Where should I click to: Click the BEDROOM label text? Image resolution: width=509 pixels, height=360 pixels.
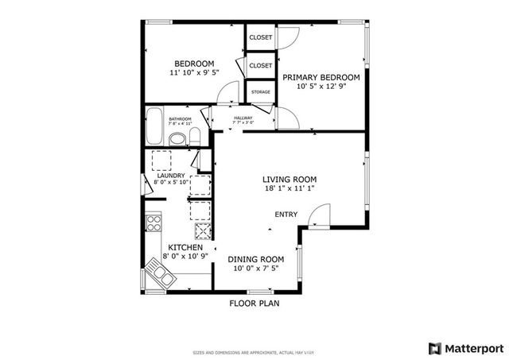(x=195, y=64)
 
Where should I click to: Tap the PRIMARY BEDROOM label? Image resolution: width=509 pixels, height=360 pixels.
(x=321, y=77)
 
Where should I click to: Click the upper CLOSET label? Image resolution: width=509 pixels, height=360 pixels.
(x=260, y=37)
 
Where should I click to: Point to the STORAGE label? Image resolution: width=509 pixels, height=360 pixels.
(x=260, y=92)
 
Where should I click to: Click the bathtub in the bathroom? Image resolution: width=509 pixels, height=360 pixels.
(x=155, y=126)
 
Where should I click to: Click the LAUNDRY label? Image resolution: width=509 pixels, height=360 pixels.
(x=170, y=176)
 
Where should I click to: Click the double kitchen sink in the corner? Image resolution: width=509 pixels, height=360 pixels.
(x=159, y=275)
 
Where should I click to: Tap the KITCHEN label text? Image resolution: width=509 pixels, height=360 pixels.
(x=184, y=247)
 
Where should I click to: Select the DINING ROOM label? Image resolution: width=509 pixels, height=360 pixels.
(x=256, y=259)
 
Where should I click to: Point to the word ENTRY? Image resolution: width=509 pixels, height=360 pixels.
(x=286, y=215)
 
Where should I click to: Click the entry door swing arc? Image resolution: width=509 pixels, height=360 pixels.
(x=320, y=216)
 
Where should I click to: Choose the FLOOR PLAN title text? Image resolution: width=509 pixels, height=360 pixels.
(x=254, y=303)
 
